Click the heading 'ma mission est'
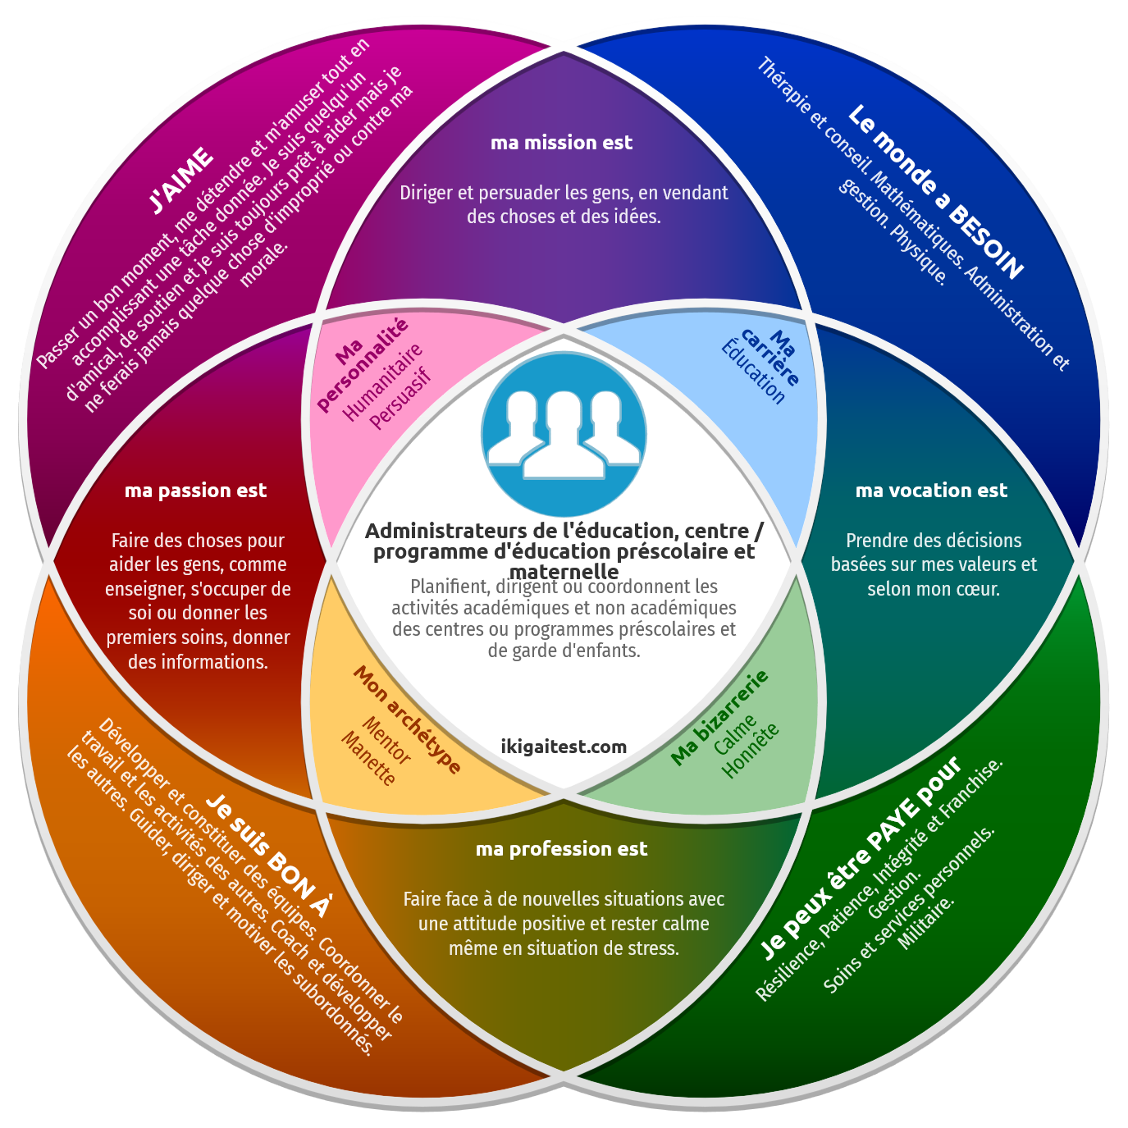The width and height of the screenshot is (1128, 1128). click(x=562, y=143)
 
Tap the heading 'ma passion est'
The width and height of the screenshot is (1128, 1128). click(x=195, y=491)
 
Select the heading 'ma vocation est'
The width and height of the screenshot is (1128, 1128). click(x=931, y=491)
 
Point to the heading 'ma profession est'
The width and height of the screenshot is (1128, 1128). click(x=562, y=849)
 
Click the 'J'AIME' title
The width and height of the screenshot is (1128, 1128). click(x=181, y=180)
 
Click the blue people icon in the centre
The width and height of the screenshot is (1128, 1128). click(x=564, y=435)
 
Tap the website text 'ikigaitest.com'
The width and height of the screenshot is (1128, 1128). click(x=564, y=747)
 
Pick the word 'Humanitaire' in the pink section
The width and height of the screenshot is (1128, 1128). click(x=382, y=382)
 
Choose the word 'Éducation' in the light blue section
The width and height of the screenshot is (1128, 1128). click(x=753, y=373)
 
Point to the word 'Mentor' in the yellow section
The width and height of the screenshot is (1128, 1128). click(x=386, y=740)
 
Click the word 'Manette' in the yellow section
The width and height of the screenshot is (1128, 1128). click(x=368, y=759)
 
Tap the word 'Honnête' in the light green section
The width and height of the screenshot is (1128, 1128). click(x=751, y=750)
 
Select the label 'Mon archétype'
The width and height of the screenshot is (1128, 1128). click(x=407, y=719)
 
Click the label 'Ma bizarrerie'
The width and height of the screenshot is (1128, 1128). click(x=719, y=717)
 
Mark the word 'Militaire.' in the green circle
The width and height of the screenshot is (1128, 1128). click(x=927, y=922)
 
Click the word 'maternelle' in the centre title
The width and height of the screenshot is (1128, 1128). click(x=564, y=571)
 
